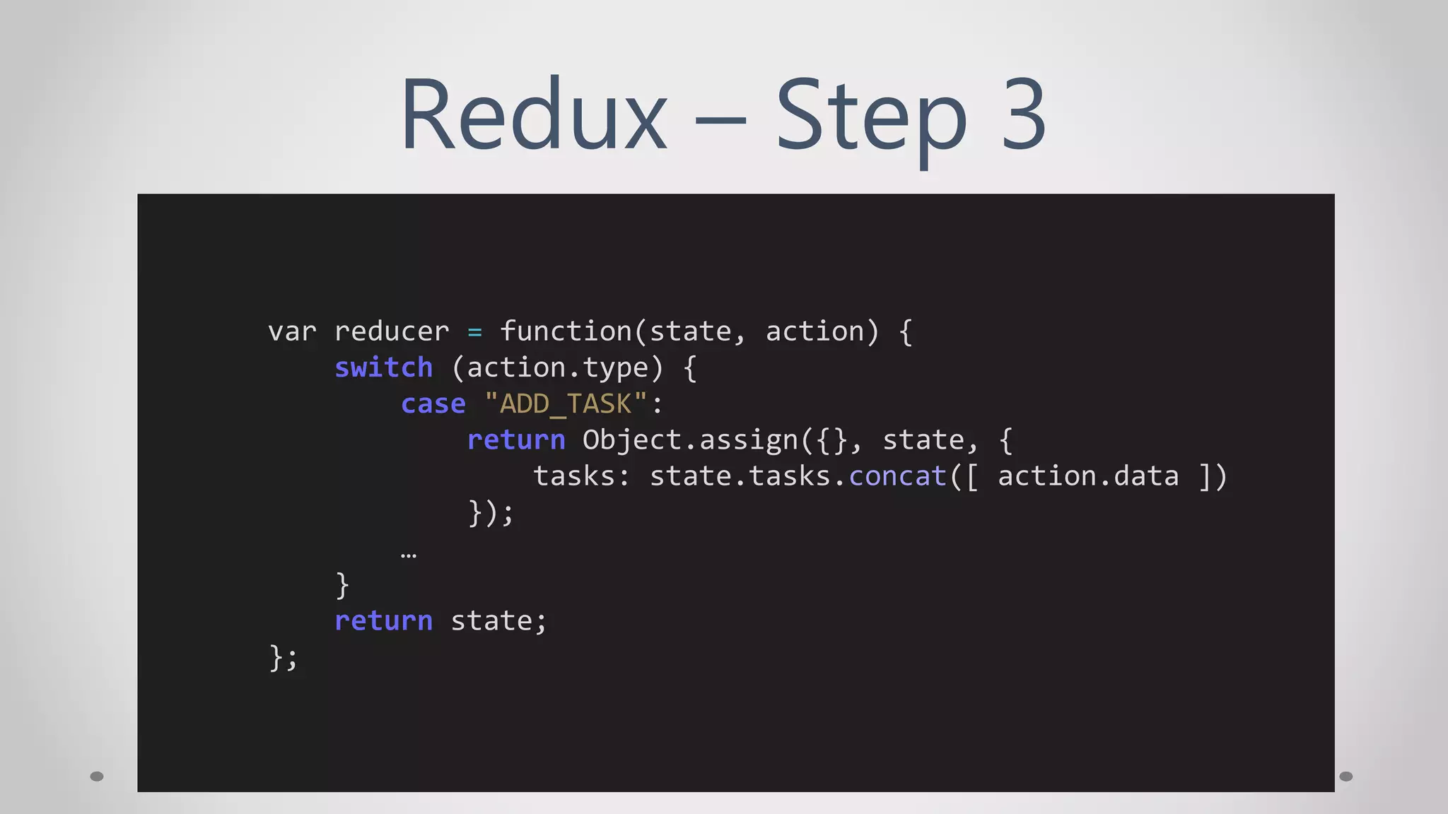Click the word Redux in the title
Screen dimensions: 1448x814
pos(534,115)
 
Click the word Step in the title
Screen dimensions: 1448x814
pos(871,117)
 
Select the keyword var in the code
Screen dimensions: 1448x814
pos(292,331)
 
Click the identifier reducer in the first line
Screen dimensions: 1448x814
pos(392,331)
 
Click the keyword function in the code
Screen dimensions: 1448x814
pos(566,331)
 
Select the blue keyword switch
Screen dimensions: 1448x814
pos(383,367)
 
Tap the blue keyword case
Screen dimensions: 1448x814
pos(433,403)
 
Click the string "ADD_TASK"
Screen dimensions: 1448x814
pos(566,403)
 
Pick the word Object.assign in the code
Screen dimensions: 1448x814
pos(691,440)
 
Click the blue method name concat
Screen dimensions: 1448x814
pos(897,476)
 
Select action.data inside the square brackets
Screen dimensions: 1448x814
pos(1088,476)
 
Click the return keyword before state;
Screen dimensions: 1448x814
pos(383,620)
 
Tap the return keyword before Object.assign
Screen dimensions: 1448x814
pos(516,440)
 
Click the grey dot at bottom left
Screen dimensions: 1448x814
pos(97,777)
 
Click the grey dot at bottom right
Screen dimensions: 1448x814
pos(1346,777)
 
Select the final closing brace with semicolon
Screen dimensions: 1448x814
pos(284,657)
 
